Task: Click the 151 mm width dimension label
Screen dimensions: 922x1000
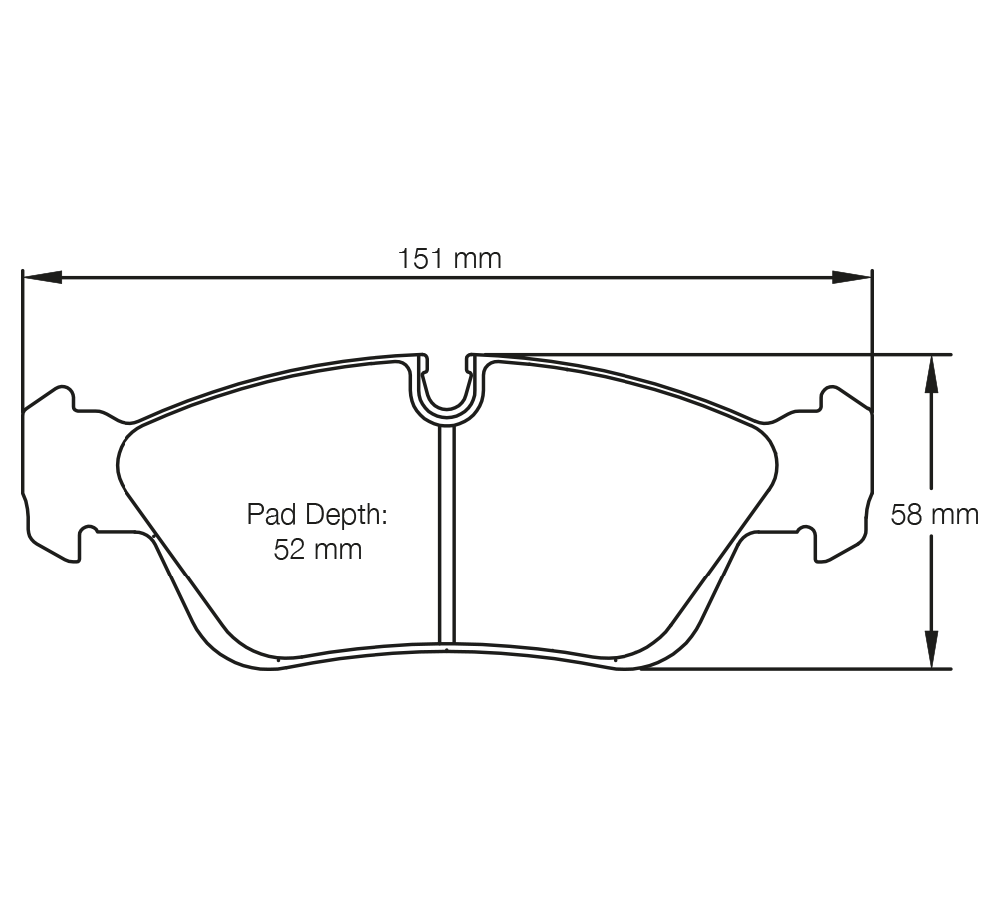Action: [450, 259]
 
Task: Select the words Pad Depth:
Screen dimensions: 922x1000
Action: [317, 515]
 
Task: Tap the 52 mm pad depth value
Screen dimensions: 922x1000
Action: [317, 549]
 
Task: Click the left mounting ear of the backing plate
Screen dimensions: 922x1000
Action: [50, 468]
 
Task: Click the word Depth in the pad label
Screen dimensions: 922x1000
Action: [345, 515]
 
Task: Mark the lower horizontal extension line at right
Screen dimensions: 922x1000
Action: [797, 669]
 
